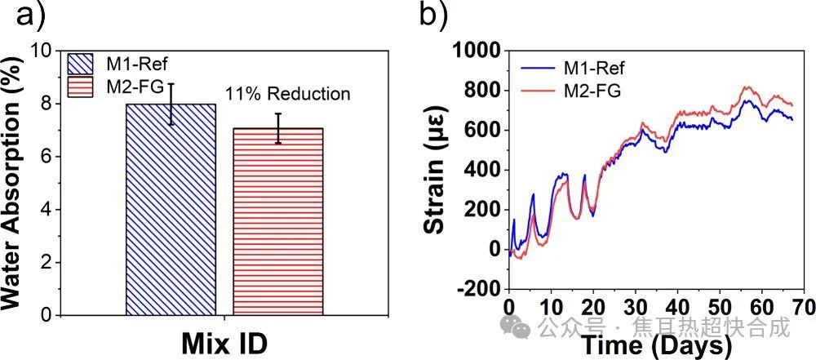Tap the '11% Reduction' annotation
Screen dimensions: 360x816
click(x=293, y=95)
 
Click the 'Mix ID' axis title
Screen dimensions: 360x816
click(x=225, y=342)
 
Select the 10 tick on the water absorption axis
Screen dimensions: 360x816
click(x=43, y=51)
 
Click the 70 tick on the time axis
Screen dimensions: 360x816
click(x=803, y=309)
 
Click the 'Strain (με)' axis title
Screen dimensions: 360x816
click(x=436, y=170)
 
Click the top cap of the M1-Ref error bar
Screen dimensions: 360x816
click(x=171, y=83)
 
